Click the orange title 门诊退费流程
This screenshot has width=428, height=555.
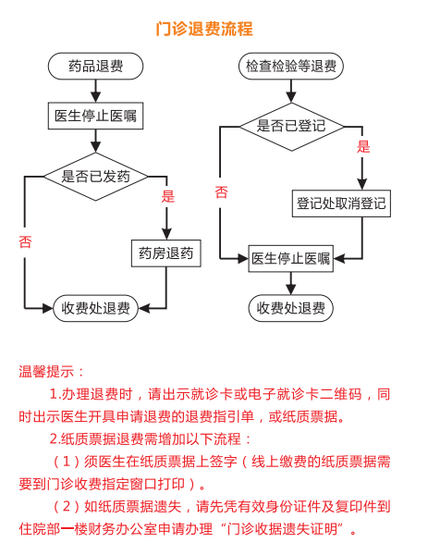click(204, 29)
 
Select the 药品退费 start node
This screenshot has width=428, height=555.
click(95, 67)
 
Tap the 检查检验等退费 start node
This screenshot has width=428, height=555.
click(291, 67)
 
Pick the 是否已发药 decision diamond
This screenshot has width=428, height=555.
click(95, 177)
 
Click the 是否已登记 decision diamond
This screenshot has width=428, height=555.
click(291, 127)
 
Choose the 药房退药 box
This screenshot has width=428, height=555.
click(165, 253)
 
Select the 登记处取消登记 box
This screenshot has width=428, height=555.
click(341, 203)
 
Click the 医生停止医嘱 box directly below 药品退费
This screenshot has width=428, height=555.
click(95, 116)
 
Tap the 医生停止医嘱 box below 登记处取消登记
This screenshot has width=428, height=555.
click(291, 258)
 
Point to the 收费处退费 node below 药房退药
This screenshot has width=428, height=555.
click(95, 308)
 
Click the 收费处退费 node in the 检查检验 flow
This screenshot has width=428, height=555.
click(291, 308)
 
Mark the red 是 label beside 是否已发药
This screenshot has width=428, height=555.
click(167, 196)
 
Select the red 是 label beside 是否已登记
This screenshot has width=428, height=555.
click(363, 146)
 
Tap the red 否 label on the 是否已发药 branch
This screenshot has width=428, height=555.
click(25, 242)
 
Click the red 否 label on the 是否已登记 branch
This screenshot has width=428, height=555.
click(221, 192)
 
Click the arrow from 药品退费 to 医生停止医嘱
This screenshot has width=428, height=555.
click(95, 91)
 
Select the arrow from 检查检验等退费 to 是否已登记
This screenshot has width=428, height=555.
click(291, 91)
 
